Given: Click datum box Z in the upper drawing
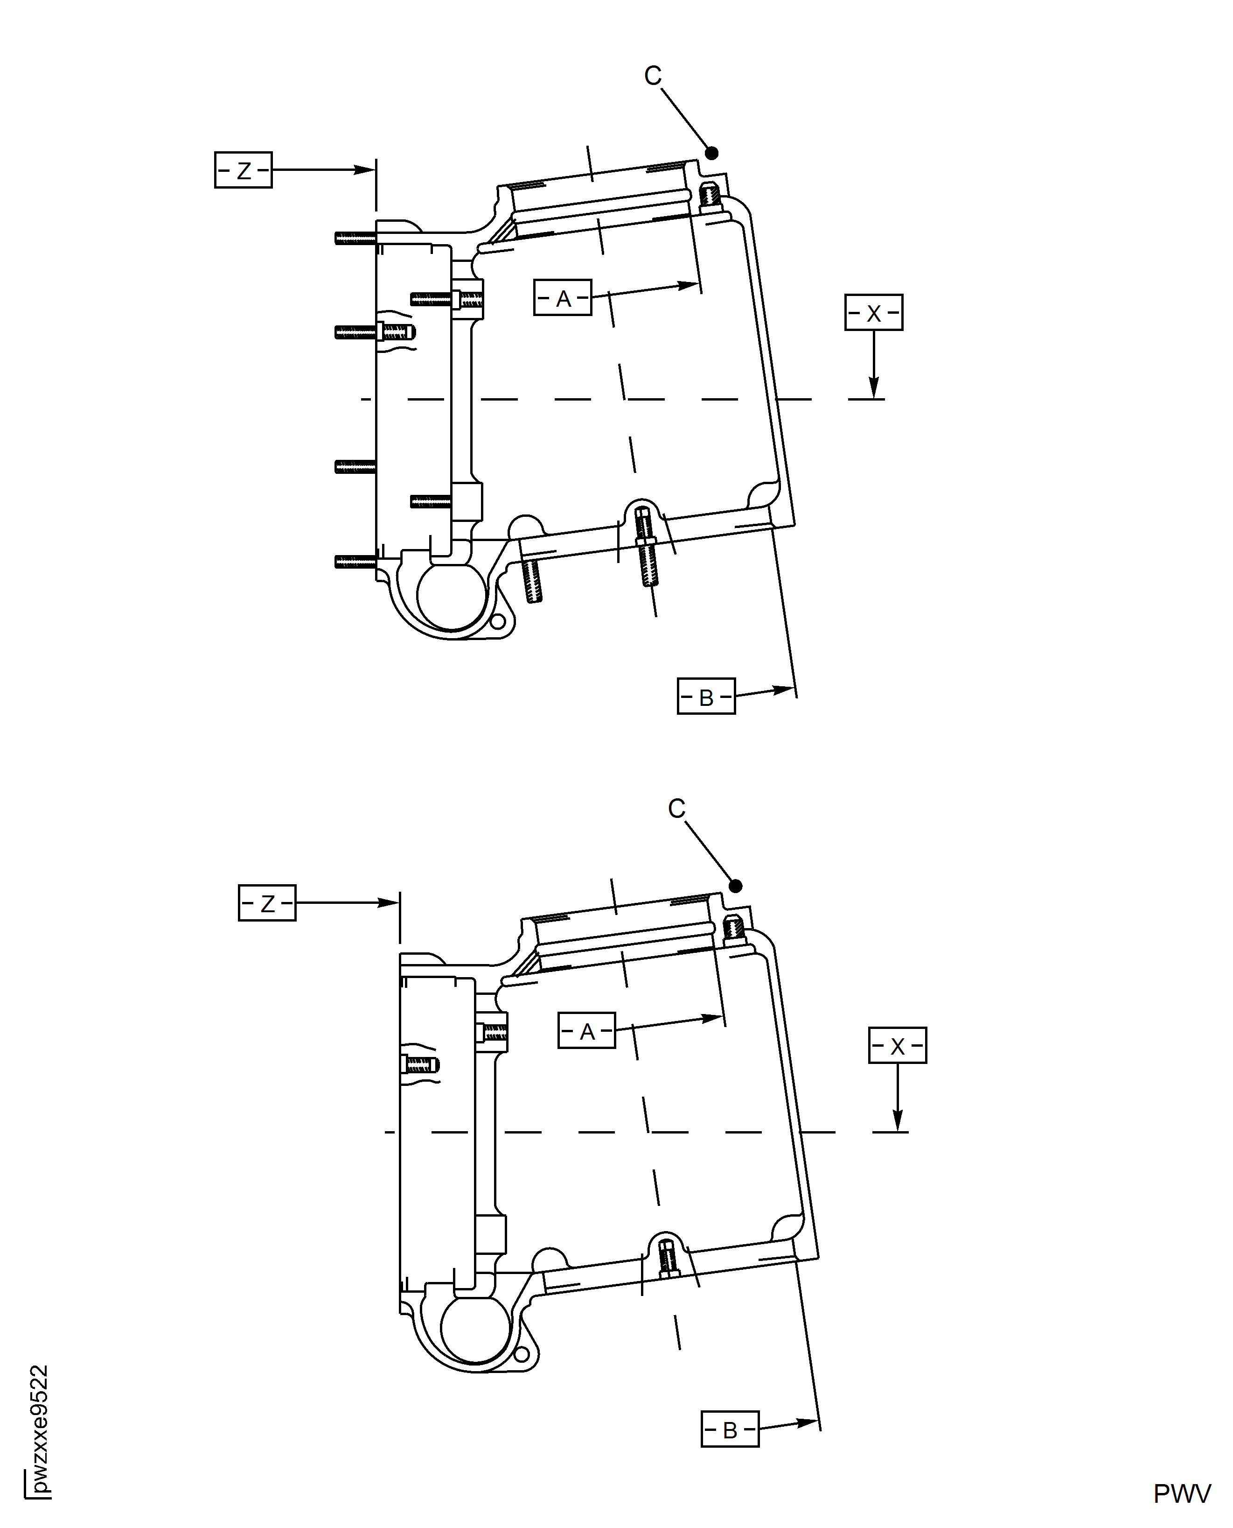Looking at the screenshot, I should (x=243, y=170).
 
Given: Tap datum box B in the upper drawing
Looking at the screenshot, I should (x=705, y=697).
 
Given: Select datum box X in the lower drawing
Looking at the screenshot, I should (x=897, y=1045).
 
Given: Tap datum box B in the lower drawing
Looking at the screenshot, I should (x=730, y=1429).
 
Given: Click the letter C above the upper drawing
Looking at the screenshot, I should (x=653, y=75).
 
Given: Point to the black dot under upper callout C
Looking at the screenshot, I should (x=712, y=153).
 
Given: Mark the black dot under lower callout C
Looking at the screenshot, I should (x=736, y=886).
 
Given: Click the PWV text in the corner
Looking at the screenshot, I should (x=1181, y=1494).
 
